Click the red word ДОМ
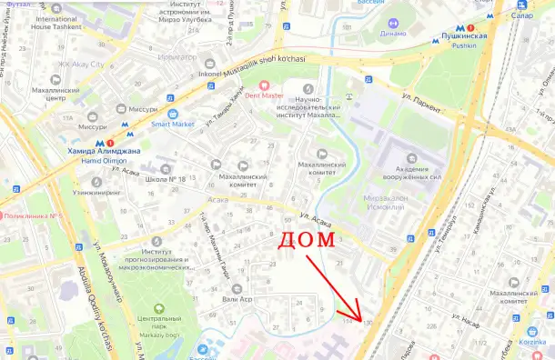pyautogui.click(x=306, y=241)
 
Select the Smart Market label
pyautogui.click(x=174, y=124)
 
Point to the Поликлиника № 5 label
pyautogui.click(x=33, y=215)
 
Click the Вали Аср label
pyautogui.click(x=238, y=298)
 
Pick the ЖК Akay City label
pyautogui.click(x=83, y=65)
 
